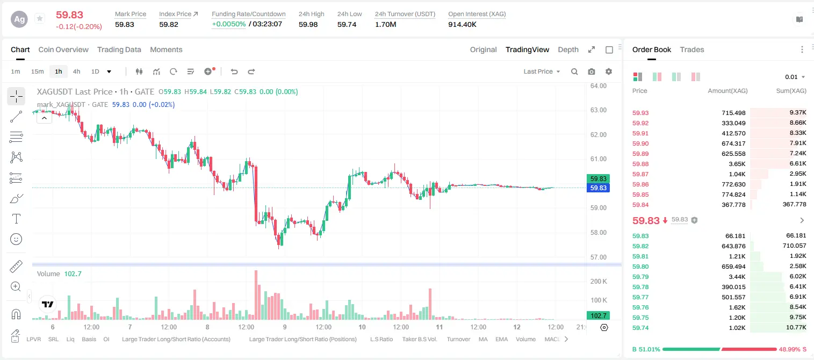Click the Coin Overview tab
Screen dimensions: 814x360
point(63,49)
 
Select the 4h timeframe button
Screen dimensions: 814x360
point(76,71)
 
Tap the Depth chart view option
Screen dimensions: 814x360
point(568,49)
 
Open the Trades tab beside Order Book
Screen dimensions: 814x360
point(692,49)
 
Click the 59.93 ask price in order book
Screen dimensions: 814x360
point(640,113)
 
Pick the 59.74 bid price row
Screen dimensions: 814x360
point(640,328)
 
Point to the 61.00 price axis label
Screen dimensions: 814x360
point(599,159)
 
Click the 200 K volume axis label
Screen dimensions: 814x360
point(599,281)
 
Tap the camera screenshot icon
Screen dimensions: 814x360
point(592,71)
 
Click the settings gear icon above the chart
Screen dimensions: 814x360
point(609,71)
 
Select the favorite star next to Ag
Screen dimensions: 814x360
point(40,18)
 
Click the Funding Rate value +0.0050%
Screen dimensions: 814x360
point(229,24)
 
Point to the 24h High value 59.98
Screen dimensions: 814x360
point(308,24)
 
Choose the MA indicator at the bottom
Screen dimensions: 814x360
point(483,339)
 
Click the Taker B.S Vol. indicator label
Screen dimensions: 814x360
point(419,339)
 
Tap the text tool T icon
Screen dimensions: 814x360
point(16,219)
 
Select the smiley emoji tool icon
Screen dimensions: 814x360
point(16,239)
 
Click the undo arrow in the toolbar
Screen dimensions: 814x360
point(234,71)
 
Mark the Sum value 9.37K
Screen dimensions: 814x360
point(798,113)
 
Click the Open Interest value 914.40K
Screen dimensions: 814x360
point(462,24)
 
